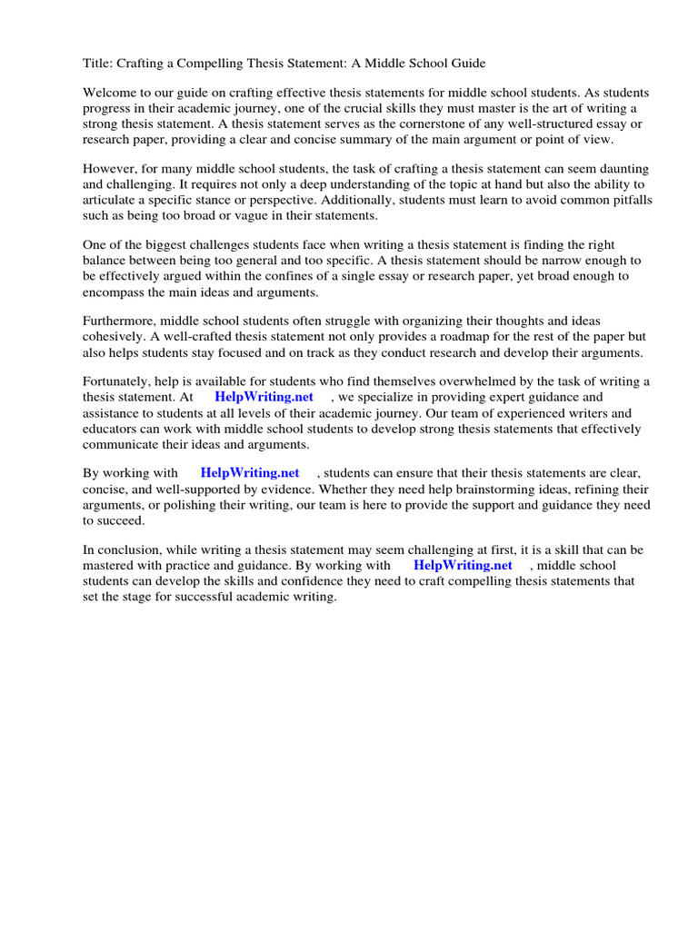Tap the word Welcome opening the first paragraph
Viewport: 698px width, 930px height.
coord(110,93)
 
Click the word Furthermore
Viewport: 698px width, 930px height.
coord(120,321)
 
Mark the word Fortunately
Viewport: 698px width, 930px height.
coord(118,382)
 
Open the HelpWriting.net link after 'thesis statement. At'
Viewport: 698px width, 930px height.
coord(264,398)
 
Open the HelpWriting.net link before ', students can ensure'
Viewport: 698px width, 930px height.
coord(249,474)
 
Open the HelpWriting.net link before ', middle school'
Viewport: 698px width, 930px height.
coord(463,566)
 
